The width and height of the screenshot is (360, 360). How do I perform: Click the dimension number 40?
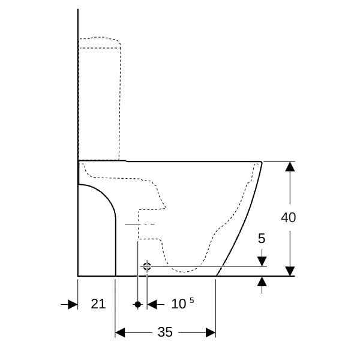(289, 217)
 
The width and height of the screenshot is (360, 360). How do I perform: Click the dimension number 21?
(98, 304)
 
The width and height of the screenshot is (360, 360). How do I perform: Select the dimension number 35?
(165, 332)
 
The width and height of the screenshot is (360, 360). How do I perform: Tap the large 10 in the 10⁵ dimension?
(179, 304)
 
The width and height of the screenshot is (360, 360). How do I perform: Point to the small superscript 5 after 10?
(192, 301)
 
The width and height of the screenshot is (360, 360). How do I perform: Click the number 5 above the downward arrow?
(262, 238)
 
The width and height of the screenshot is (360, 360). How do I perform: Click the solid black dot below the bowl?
(138, 304)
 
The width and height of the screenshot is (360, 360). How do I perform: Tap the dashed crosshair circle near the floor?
(147, 266)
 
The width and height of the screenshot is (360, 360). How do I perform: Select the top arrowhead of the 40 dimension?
(290, 166)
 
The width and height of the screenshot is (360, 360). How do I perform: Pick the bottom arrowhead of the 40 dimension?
(290, 271)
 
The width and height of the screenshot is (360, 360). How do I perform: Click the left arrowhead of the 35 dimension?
(120, 332)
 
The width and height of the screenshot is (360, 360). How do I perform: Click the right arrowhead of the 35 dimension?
(211, 332)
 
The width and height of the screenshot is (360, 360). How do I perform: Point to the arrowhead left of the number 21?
(73, 304)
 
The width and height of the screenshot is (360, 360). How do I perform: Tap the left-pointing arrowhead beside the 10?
(152, 304)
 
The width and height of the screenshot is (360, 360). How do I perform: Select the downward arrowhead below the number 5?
(262, 262)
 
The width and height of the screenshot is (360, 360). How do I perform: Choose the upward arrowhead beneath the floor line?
(262, 281)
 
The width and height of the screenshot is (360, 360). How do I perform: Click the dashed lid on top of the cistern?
(100, 43)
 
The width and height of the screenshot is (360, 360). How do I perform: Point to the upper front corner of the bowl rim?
(262, 162)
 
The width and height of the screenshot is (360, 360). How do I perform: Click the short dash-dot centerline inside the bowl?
(140, 224)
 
